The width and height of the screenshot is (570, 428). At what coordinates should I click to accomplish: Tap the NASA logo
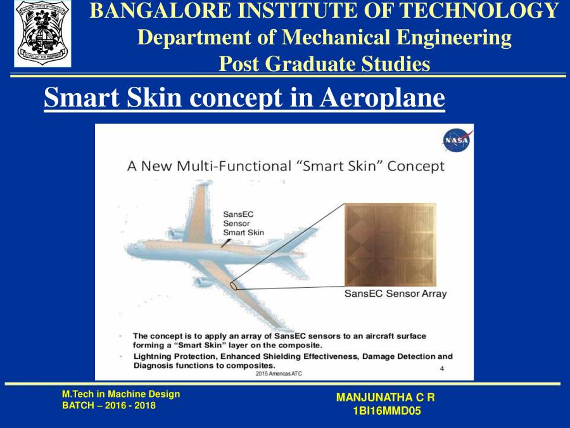pos(456,139)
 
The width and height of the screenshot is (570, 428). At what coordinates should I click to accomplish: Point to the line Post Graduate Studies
pos(324,64)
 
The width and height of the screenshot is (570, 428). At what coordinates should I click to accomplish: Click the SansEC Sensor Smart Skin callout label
pos(243,223)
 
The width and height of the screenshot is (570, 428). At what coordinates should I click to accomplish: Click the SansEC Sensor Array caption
pos(395,294)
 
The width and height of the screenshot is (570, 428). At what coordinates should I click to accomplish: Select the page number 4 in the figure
pos(441,368)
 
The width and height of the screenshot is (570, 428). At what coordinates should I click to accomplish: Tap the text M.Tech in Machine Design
pos(120,394)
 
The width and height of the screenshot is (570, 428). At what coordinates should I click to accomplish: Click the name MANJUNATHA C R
pos(385,398)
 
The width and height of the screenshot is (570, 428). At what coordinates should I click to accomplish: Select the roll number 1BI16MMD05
pos(386,411)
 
